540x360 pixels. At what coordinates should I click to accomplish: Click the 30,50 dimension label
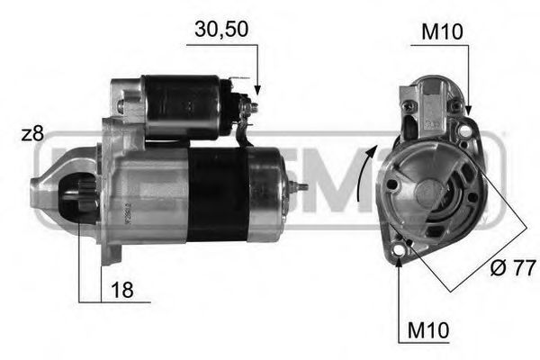click(x=221, y=30)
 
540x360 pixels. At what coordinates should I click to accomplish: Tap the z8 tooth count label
click(x=32, y=134)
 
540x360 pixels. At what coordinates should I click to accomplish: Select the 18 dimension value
click(x=122, y=290)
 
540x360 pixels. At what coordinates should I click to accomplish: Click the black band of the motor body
click(x=216, y=193)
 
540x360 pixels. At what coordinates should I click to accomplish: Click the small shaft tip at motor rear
click(x=299, y=186)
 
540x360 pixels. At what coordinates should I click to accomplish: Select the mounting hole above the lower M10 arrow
click(x=400, y=258)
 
